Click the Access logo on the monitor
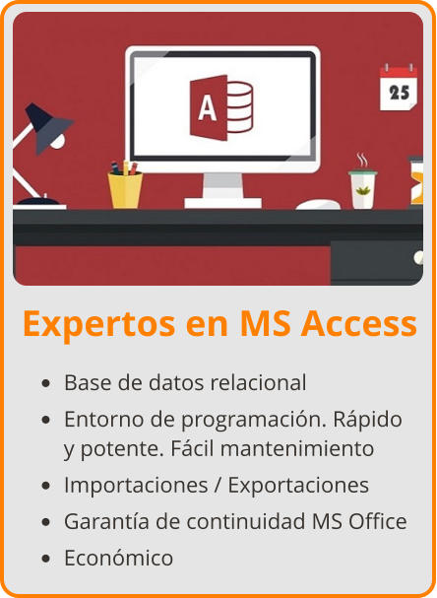point(221,101)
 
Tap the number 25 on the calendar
point(399,92)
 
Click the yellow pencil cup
point(125,188)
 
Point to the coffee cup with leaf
point(362,188)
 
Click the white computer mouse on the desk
point(317,204)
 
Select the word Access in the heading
point(357,323)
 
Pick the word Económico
point(118,558)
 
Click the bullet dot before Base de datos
point(46,383)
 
